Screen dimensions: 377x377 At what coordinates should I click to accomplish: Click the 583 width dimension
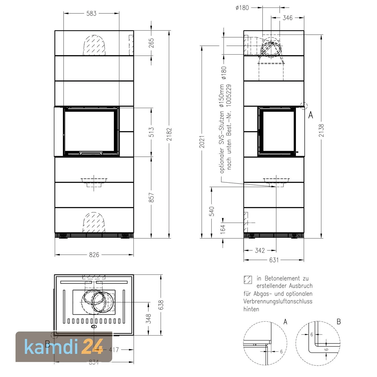tap(91, 14)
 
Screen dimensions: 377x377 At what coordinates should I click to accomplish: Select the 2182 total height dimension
tap(169, 134)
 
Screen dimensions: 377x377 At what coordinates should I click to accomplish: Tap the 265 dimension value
tap(151, 43)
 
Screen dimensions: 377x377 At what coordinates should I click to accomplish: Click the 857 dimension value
tap(151, 197)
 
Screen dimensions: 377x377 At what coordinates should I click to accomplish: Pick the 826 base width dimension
tap(94, 255)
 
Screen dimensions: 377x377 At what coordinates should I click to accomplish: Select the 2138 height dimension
tap(321, 130)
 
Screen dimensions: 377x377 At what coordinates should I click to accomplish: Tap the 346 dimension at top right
tap(288, 18)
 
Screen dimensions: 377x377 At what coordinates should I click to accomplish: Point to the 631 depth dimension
tap(274, 260)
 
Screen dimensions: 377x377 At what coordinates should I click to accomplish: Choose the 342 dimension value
tap(260, 251)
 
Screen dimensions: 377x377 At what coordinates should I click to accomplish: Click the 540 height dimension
tap(212, 211)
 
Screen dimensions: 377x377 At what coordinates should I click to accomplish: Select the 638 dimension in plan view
tap(161, 305)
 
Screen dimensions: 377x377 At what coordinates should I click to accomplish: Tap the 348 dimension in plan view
tap(149, 318)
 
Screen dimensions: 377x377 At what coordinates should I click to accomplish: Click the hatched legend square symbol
tap(248, 280)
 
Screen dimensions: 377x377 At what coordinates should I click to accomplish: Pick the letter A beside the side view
tap(311, 115)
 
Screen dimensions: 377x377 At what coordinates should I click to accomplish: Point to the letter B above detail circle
tap(339, 322)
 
